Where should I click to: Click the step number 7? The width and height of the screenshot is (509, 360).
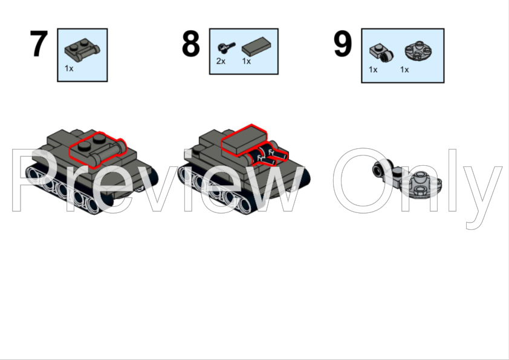pos(39,44)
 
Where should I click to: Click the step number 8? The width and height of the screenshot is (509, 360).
pos(190,44)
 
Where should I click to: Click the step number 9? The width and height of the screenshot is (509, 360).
pos(343,44)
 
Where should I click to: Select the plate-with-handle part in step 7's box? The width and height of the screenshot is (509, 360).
pos(82,50)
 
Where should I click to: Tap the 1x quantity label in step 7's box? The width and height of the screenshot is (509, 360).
pos(69,68)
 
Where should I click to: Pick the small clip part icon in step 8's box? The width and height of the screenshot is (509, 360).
pos(226,47)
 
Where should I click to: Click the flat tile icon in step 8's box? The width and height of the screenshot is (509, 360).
pos(256,47)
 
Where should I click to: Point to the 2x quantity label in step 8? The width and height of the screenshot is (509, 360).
pos(221,61)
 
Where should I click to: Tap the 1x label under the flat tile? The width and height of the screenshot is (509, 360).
pos(247,61)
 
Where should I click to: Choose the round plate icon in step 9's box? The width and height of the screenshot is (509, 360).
pos(419,51)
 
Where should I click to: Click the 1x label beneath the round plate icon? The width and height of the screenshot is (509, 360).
pos(404,70)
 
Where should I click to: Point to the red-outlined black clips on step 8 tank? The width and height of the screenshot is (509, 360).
pos(267,154)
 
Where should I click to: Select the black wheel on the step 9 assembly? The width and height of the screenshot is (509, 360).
pos(378,170)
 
